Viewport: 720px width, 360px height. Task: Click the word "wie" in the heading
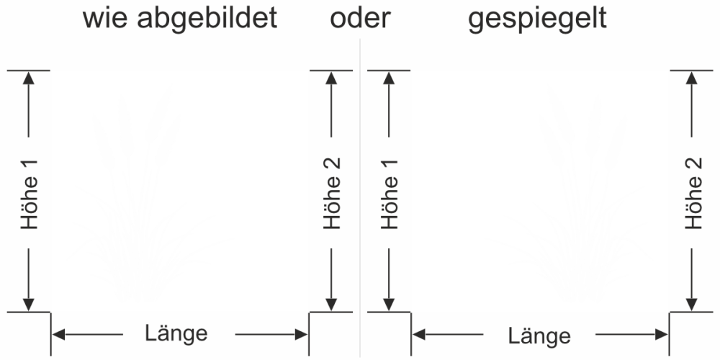tap(105, 19)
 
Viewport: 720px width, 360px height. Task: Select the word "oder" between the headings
tap(359, 19)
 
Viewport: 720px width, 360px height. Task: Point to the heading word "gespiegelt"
tap(537, 20)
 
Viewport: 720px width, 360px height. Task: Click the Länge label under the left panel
tap(176, 333)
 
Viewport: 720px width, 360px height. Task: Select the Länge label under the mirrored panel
tap(539, 336)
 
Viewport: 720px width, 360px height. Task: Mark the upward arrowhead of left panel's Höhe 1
tap(29, 78)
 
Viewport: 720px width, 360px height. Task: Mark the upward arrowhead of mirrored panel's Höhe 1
tap(390, 78)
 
